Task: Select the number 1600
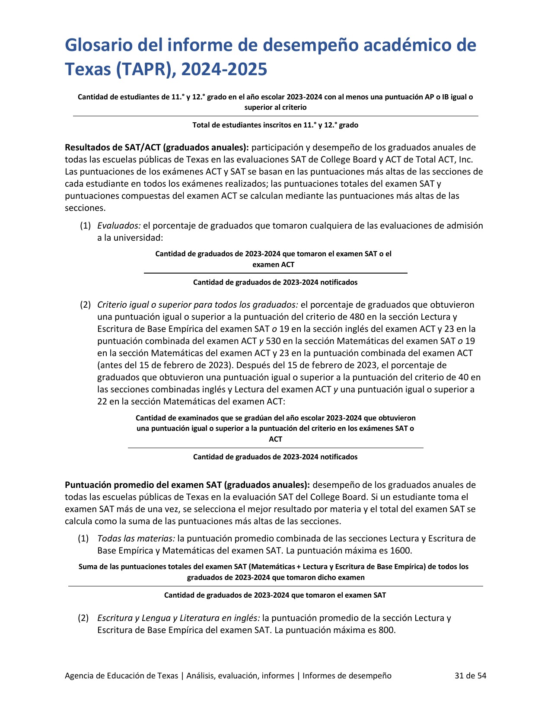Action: point(401,551)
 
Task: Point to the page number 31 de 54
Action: point(470,675)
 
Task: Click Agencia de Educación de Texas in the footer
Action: point(121,675)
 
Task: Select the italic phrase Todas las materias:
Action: point(136,538)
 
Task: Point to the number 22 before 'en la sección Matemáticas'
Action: point(102,401)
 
